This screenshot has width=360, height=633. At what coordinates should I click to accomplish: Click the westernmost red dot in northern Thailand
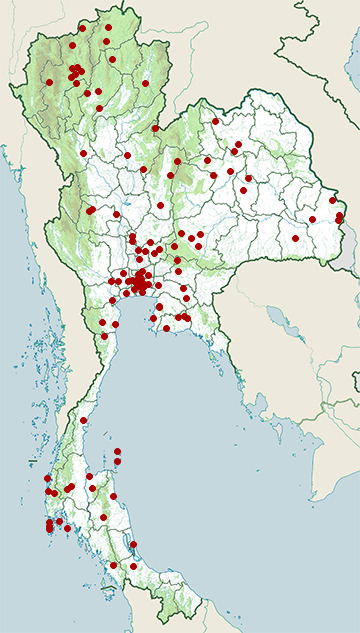coord(49,82)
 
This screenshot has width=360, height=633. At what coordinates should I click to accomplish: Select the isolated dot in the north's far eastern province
coord(145,83)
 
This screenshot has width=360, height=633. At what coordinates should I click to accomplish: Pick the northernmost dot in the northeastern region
coord(215,121)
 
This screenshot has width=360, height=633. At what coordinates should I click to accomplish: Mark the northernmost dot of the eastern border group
coord(332,200)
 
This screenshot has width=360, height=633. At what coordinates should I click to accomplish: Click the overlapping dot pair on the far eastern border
coord(339,216)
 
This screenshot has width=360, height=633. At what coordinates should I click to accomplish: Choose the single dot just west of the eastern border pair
coord(313,219)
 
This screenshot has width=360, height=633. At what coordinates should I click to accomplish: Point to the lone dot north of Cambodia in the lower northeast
coord(295,238)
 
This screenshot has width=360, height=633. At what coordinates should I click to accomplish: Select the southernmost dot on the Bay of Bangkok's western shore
coord(104,336)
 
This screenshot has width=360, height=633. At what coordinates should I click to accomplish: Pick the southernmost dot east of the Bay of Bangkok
coord(166,327)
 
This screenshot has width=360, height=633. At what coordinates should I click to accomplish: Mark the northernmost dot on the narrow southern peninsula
coord(84,421)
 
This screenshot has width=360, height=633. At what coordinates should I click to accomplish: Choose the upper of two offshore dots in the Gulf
coord(117,452)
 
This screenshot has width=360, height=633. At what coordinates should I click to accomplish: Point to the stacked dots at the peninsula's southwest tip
coord(50,526)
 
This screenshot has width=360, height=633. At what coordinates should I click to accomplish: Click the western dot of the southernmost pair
coord(113,565)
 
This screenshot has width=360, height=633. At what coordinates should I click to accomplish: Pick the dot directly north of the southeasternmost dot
coord(133,543)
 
